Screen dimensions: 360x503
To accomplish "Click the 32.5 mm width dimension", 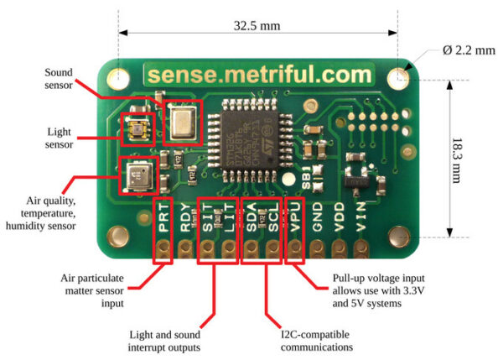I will click(257, 25).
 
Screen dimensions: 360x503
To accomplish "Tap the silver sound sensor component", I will click(182, 123).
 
